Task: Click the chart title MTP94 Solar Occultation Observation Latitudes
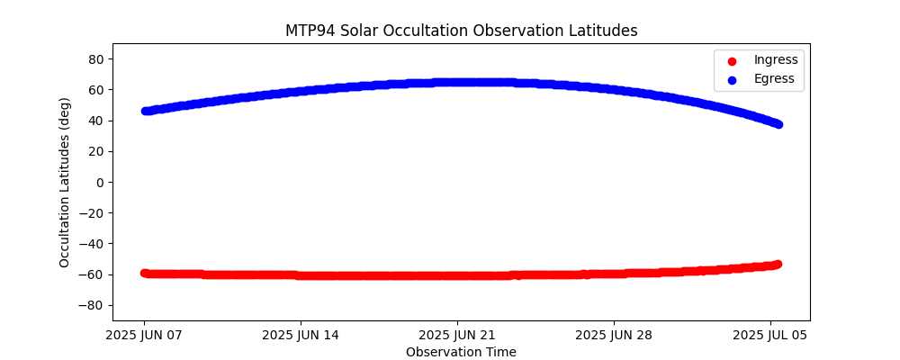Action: point(461,31)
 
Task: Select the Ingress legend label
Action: point(776,60)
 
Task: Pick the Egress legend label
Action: point(774,78)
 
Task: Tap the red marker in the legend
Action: point(730,60)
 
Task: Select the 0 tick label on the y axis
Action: point(101,182)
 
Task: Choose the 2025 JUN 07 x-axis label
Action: point(144,336)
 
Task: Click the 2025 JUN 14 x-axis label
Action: point(301,336)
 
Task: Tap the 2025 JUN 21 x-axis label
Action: point(457,336)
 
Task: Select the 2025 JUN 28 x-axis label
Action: point(614,336)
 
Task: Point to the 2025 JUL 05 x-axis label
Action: point(770,336)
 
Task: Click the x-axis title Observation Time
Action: point(461,352)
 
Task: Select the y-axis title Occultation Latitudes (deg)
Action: point(65,182)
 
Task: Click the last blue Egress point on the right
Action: point(778,124)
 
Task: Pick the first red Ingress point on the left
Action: point(144,273)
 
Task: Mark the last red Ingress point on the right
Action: point(778,264)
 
